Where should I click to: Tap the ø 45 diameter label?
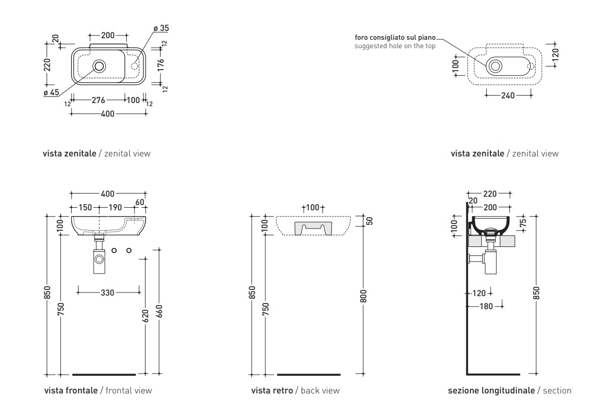click(x=51, y=93)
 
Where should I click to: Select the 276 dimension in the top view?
click(x=98, y=100)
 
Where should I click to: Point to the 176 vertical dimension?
click(x=161, y=65)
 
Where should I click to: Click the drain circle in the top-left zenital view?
click(x=99, y=66)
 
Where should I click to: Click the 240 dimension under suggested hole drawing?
click(x=508, y=95)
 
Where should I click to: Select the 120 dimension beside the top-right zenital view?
click(x=556, y=54)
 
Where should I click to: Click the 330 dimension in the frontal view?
click(x=107, y=293)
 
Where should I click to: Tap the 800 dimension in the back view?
click(x=364, y=296)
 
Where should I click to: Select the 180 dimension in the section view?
click(x=486, y=306)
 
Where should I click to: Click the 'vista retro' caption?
click(x=272, y=390)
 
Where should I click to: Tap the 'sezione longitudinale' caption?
click(x=491, y=390)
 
